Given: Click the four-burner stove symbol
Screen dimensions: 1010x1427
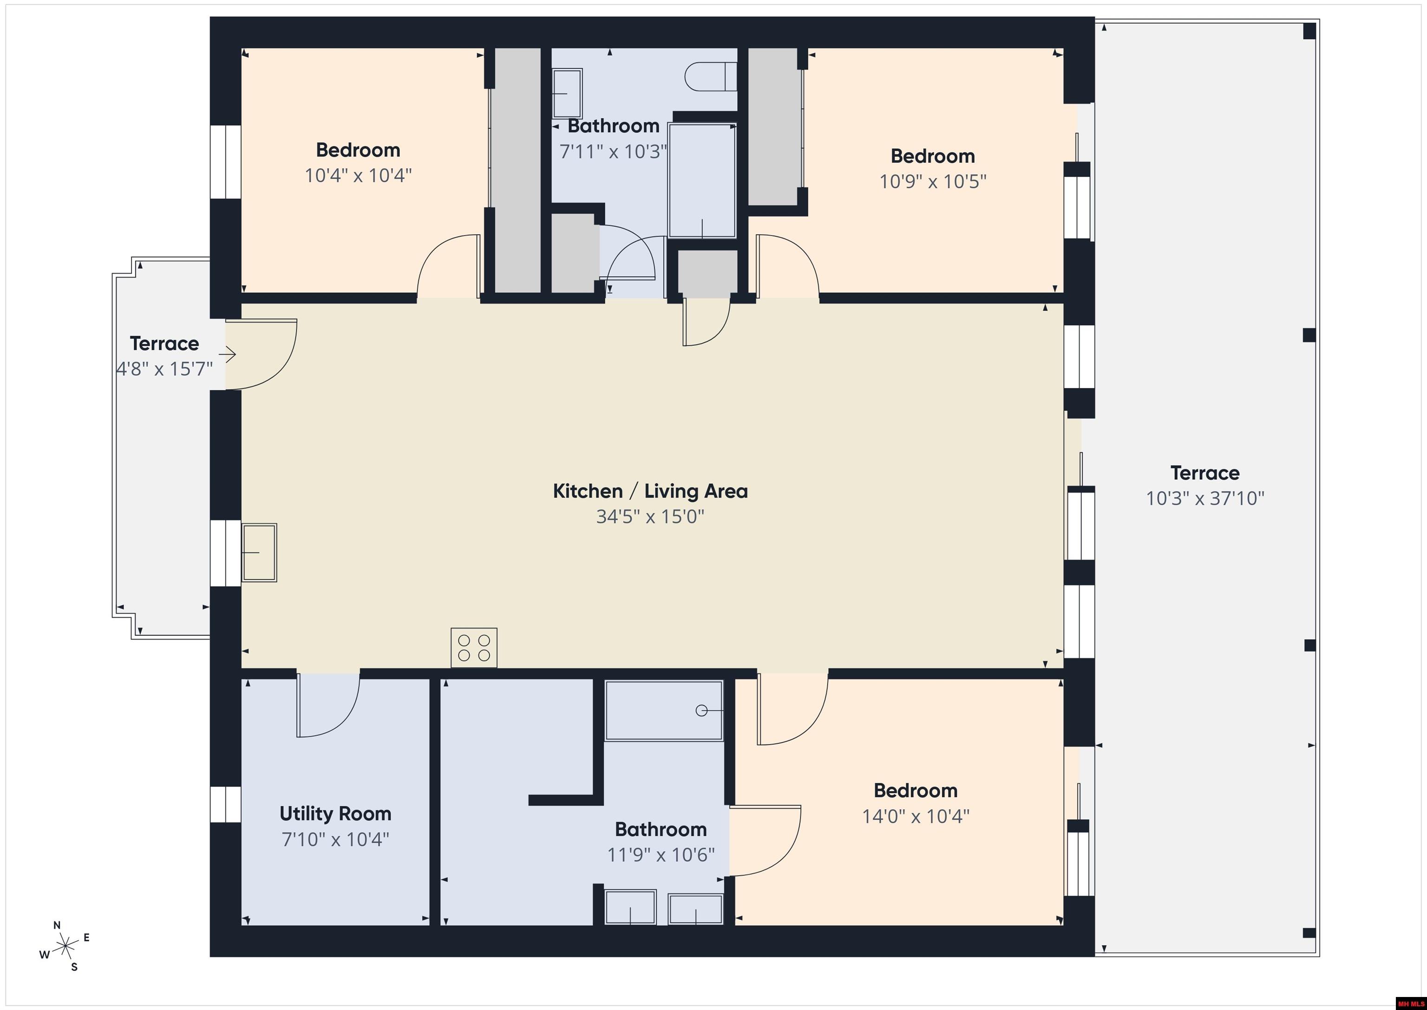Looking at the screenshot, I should pyautogui.click(x=474, y=647).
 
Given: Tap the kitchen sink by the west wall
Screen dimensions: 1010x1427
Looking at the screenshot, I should pyautogui.click(x=259, y=552).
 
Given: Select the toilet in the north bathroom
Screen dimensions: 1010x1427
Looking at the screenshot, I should pyautogui.click(x=710, y=77).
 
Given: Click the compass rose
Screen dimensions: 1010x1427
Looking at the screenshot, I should pyautogui.click(x=65, y=947).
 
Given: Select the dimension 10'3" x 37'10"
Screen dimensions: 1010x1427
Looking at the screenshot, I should pyautogui.click(x=1204, y=498).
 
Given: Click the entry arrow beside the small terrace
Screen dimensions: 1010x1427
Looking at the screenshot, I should pyautogui.click(x=228, y=355).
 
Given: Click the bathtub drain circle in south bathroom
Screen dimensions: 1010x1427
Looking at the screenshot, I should pyautogui.click(x=701, y=710).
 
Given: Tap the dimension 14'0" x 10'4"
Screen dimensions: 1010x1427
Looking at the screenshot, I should pyautogui.click(x=915, y=816).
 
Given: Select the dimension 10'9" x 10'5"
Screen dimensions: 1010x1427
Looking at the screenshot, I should pyautogui.click(x=932, y=181).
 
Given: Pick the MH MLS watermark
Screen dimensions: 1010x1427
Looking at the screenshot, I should pyautogui.click(x=1410, y=1003).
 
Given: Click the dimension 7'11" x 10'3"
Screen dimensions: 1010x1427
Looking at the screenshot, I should pyautogui.click(x=613, y=151).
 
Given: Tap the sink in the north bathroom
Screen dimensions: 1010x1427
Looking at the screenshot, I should pyautogui.click(x=567, y=93).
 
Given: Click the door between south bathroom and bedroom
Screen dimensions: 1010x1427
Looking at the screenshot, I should pyautogui.click(x=765, y=841).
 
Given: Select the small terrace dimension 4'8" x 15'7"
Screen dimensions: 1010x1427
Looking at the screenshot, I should pyautogui.click(x=164, y=369).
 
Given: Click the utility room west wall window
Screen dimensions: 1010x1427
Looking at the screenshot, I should pyautogui.click(x=225, y=804).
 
